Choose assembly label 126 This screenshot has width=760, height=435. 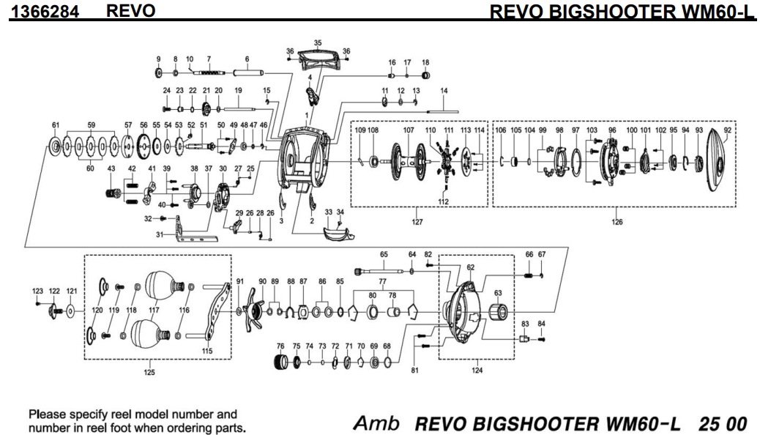616,221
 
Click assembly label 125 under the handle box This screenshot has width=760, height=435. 149,372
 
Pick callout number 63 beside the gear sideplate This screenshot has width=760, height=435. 498,292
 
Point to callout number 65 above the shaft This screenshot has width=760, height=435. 383,254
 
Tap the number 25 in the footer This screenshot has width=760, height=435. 707,424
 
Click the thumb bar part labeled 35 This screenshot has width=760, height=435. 318,61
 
